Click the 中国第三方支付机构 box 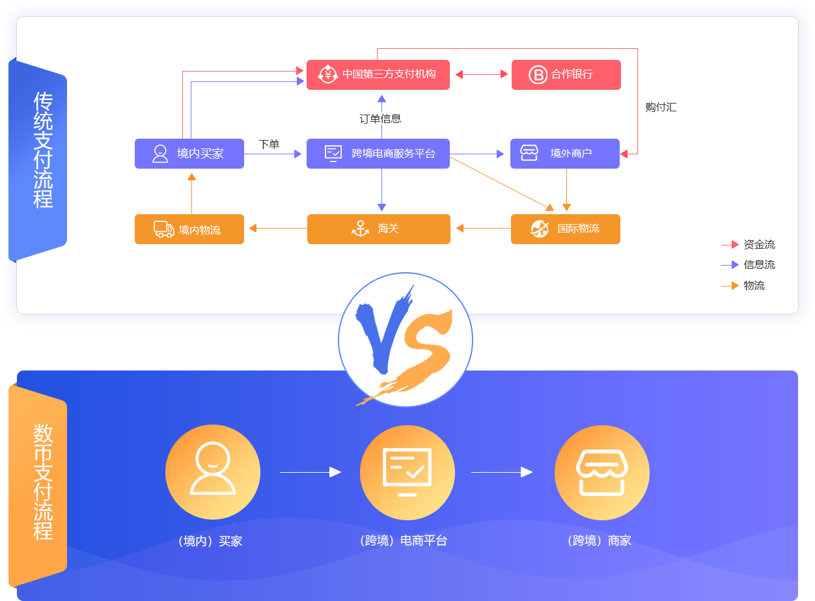378,74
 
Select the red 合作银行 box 566,75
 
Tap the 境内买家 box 189,154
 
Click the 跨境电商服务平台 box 378,154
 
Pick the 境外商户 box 564,154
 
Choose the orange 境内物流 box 189,229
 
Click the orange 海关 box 378,229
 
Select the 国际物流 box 565,229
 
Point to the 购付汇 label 661,107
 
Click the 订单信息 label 380,119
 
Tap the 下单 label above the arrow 269,144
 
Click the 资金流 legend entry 759,245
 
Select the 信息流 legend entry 759,265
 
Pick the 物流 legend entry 754,285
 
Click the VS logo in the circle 405,339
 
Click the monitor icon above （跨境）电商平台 407,472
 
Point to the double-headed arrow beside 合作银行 481,74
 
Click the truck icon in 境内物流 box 163,229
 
